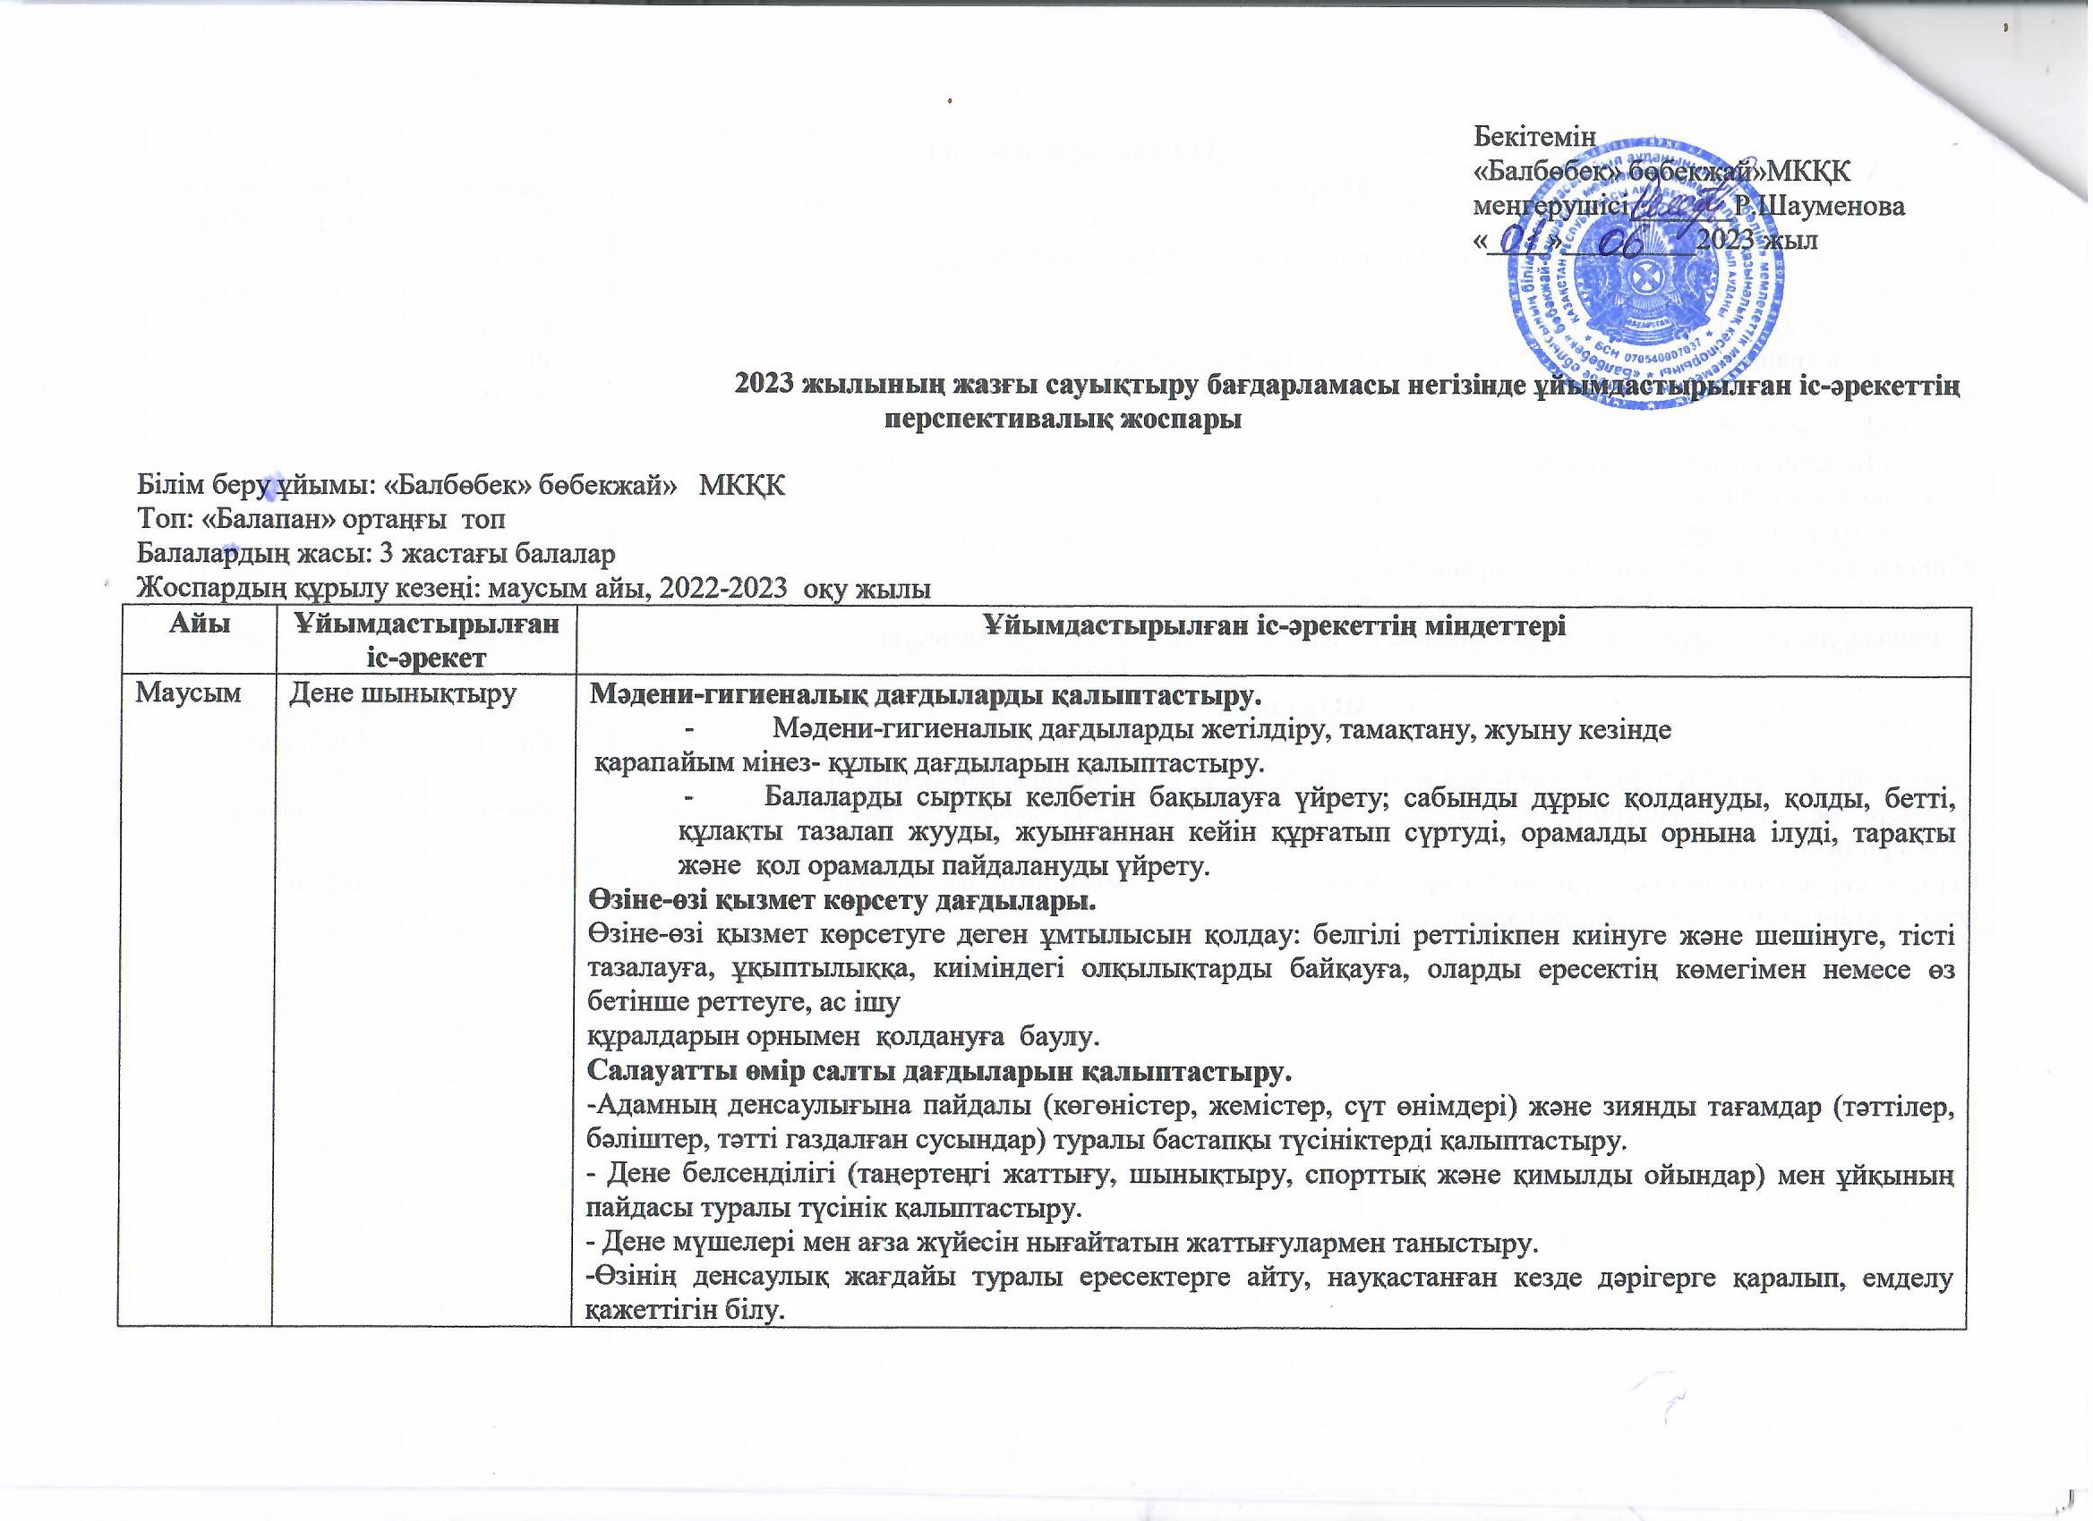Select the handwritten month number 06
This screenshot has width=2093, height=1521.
1627,240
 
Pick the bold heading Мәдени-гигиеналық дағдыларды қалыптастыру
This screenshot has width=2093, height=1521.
923,694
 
